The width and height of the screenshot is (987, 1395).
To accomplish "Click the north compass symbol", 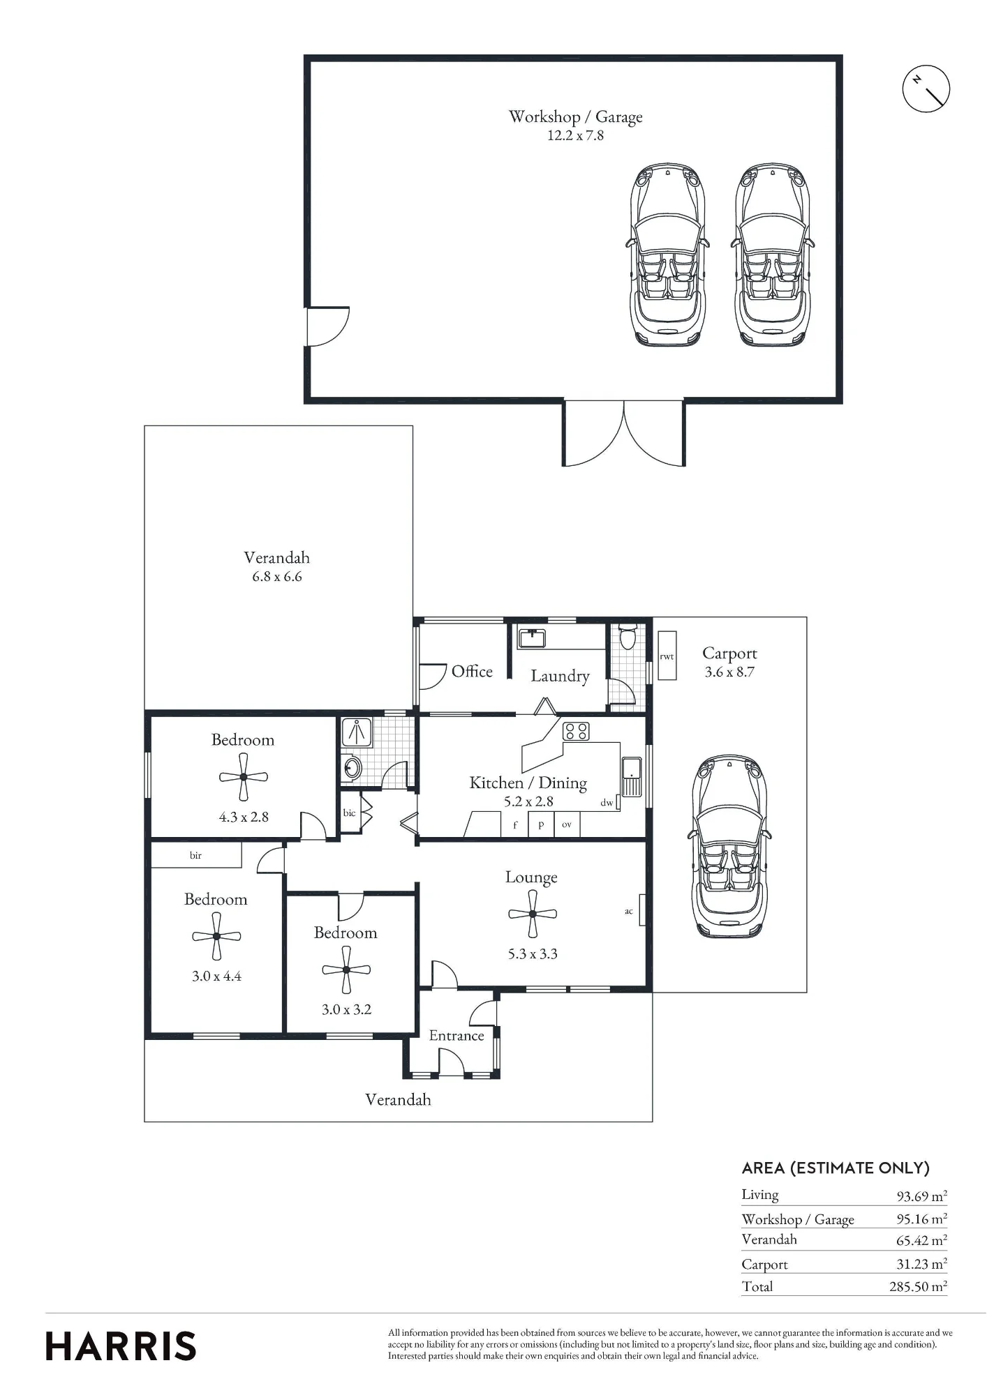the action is [926, 89].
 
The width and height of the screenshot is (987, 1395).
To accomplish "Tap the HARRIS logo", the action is [121, 1346].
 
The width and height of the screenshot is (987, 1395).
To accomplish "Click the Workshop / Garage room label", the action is [575, 117].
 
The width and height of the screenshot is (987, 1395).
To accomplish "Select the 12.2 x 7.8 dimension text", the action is [575, 136].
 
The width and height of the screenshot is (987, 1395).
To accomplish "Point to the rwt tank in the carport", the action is [667, 656].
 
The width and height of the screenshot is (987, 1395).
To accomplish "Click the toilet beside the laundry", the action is [628, 635].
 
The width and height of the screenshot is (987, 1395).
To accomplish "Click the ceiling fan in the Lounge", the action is [532, 914].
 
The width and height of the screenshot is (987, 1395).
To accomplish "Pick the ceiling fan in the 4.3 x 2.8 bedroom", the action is [244, 777].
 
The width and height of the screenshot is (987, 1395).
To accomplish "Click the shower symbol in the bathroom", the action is [357, 731].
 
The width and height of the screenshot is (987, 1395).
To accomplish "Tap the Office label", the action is [472, 671].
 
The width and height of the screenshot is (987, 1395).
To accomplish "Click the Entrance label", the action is [457, 1035].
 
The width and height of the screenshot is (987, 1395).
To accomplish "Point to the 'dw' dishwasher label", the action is [607, 803].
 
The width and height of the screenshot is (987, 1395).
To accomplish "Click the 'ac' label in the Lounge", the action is [629, 911].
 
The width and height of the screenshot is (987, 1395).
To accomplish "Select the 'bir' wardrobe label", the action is [195, 855].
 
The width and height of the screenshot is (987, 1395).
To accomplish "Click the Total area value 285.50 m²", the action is [918, 1286].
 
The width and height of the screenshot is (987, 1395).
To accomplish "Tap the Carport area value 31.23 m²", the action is [921, 1263].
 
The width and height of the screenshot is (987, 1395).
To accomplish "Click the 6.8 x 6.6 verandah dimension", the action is [277, 577].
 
